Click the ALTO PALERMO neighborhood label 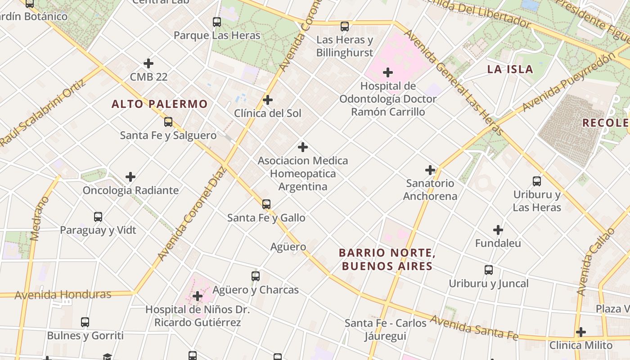[160, 104]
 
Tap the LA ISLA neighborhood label [510, 69]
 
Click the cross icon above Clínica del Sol [268, 100]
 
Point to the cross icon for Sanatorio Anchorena [430, 170]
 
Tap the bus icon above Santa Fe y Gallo [266, 204]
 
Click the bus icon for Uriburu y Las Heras [537, 181]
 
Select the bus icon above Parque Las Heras [217, 22]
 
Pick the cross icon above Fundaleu [498, 230]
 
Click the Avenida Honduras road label [63, 295]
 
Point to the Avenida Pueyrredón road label [568, 82]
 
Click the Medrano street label [39, 219]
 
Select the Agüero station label [288, 247]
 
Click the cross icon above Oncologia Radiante [130, 177]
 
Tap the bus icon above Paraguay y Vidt [98, 217]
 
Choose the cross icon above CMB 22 [148, 63]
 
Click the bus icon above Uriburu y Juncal [489, 270]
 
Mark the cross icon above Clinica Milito [581, 332]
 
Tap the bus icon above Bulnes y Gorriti [85, 322]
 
